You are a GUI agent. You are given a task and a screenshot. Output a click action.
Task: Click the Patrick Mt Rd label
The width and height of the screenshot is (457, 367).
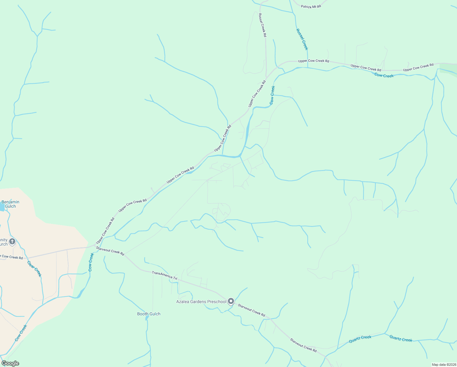311,6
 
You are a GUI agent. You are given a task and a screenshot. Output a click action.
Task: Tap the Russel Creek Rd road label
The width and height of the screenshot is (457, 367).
262,25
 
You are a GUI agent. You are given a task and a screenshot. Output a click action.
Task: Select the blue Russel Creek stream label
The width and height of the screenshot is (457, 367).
302,39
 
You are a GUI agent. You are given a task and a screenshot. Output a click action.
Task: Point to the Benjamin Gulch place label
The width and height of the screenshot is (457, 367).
10,204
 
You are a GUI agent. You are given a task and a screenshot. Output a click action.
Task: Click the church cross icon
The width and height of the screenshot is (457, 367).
12,242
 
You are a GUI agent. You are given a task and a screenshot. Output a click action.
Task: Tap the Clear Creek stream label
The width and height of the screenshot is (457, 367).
34,269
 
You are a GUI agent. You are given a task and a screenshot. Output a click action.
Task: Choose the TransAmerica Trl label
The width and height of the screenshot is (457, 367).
164,276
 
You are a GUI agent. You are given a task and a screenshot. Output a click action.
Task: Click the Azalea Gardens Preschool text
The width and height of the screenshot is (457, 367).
201,302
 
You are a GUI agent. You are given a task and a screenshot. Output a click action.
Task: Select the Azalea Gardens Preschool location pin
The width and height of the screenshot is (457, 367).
231,302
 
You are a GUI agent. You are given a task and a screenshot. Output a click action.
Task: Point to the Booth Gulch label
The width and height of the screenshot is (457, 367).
149,314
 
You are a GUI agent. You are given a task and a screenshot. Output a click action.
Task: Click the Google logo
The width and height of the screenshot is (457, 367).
10,363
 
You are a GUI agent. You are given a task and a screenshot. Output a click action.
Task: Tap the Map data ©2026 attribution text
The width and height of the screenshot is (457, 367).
443,365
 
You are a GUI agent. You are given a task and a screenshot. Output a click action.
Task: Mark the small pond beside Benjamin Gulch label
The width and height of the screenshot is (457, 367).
2,207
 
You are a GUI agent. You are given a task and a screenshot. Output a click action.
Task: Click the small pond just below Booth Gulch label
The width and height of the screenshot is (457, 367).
147,318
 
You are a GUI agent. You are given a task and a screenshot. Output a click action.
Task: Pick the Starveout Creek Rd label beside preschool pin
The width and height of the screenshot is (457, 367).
251,310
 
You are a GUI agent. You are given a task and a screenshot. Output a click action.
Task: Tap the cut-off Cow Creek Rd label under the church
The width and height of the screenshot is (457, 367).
12,257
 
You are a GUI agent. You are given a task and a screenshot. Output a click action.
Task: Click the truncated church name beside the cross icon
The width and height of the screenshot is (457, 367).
4,242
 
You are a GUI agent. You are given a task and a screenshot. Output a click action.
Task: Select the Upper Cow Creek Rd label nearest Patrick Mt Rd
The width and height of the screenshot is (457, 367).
313,61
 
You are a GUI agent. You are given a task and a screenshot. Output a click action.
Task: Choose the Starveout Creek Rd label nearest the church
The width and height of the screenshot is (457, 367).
110,251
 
